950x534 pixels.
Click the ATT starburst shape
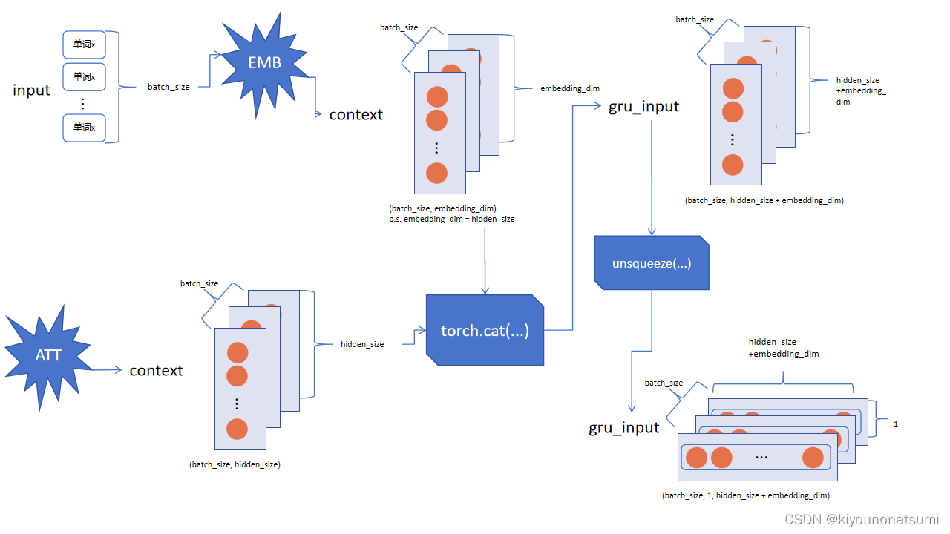click(x=48, y=355)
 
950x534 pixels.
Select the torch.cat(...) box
click(x=485, y=330)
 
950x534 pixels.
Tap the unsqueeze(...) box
click(x=652, y=263)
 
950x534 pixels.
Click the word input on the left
click(x=31, y=90)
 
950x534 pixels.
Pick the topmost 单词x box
click(x=84, y=44)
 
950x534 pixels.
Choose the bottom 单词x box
click(x=84, y=128)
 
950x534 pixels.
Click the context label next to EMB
click(x=356, y=114)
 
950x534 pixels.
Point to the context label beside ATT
click(x=156, y=370)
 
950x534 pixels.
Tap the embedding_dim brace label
click(x=569, y=88)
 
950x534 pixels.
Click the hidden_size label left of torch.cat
click(x=362, y=344)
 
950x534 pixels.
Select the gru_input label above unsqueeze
click(x=643, y=106)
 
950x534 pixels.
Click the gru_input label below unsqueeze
click(x=624, y=427)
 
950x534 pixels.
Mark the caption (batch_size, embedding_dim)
click(x=442, y=208)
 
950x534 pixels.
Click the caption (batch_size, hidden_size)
click(x=235, y=464)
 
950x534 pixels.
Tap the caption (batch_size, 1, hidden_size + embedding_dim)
click(x=745, y=495)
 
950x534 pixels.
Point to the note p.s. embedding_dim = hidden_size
click(x=451, y=219)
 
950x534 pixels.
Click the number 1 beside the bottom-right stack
click(x=896, y=424)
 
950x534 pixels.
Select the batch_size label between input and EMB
click(x=168, y=87)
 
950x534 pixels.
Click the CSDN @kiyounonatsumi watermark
click(x=861, y=520)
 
